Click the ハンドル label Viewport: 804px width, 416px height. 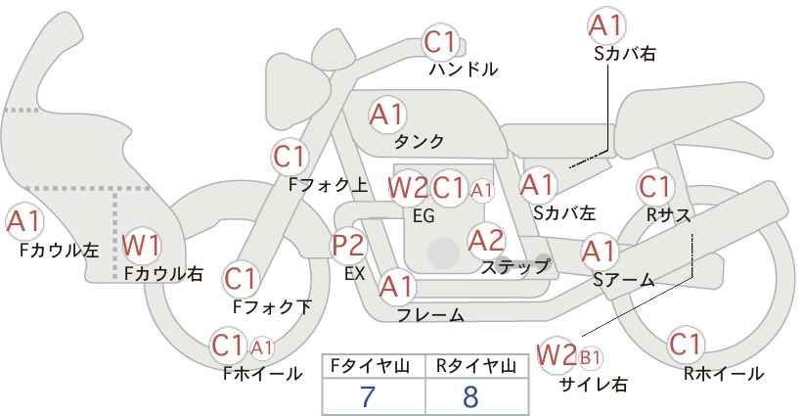point(464,69)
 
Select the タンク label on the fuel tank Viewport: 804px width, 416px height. point(419,141)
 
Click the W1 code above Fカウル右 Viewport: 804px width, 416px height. point(142,245)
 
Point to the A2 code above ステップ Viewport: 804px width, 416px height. point(486,240)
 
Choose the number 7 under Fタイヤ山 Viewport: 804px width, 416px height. point(368,396)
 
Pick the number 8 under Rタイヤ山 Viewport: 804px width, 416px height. point(470,396)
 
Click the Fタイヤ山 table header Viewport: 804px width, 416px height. point(370,366)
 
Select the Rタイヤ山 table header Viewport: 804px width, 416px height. point(476,366)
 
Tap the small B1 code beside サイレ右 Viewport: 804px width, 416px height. point(590,357)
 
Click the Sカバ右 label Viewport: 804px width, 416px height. point(625,54)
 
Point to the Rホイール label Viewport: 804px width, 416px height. point(724,374)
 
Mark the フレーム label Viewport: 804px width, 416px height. point(430,314)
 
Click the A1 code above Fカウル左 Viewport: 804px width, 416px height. point(24,221)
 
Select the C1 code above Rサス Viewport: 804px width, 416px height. point(654,187)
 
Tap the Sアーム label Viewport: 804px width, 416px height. point(623,280)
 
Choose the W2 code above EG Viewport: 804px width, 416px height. point(408,188)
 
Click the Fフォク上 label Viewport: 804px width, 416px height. point(328,185)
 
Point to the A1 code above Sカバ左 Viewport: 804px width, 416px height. point(537,185)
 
